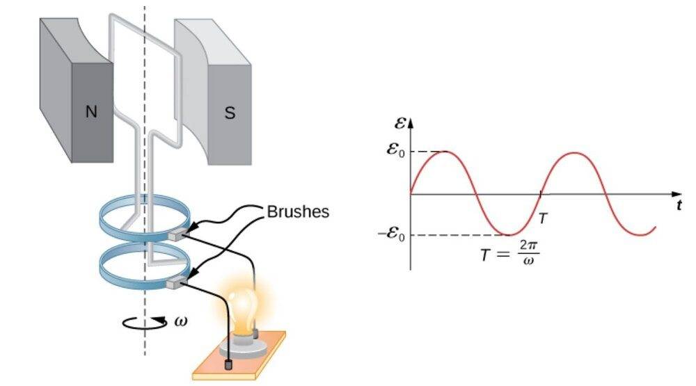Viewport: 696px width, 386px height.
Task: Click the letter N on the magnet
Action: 90,112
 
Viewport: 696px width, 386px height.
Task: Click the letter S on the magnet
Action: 229,113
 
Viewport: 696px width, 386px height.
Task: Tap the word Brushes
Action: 298,211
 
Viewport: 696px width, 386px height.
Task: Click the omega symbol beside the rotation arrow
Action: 181,321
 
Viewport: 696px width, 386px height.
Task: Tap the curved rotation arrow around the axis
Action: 143,321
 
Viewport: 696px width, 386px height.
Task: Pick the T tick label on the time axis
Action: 543,218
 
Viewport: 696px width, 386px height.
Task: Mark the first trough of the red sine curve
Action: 509,235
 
